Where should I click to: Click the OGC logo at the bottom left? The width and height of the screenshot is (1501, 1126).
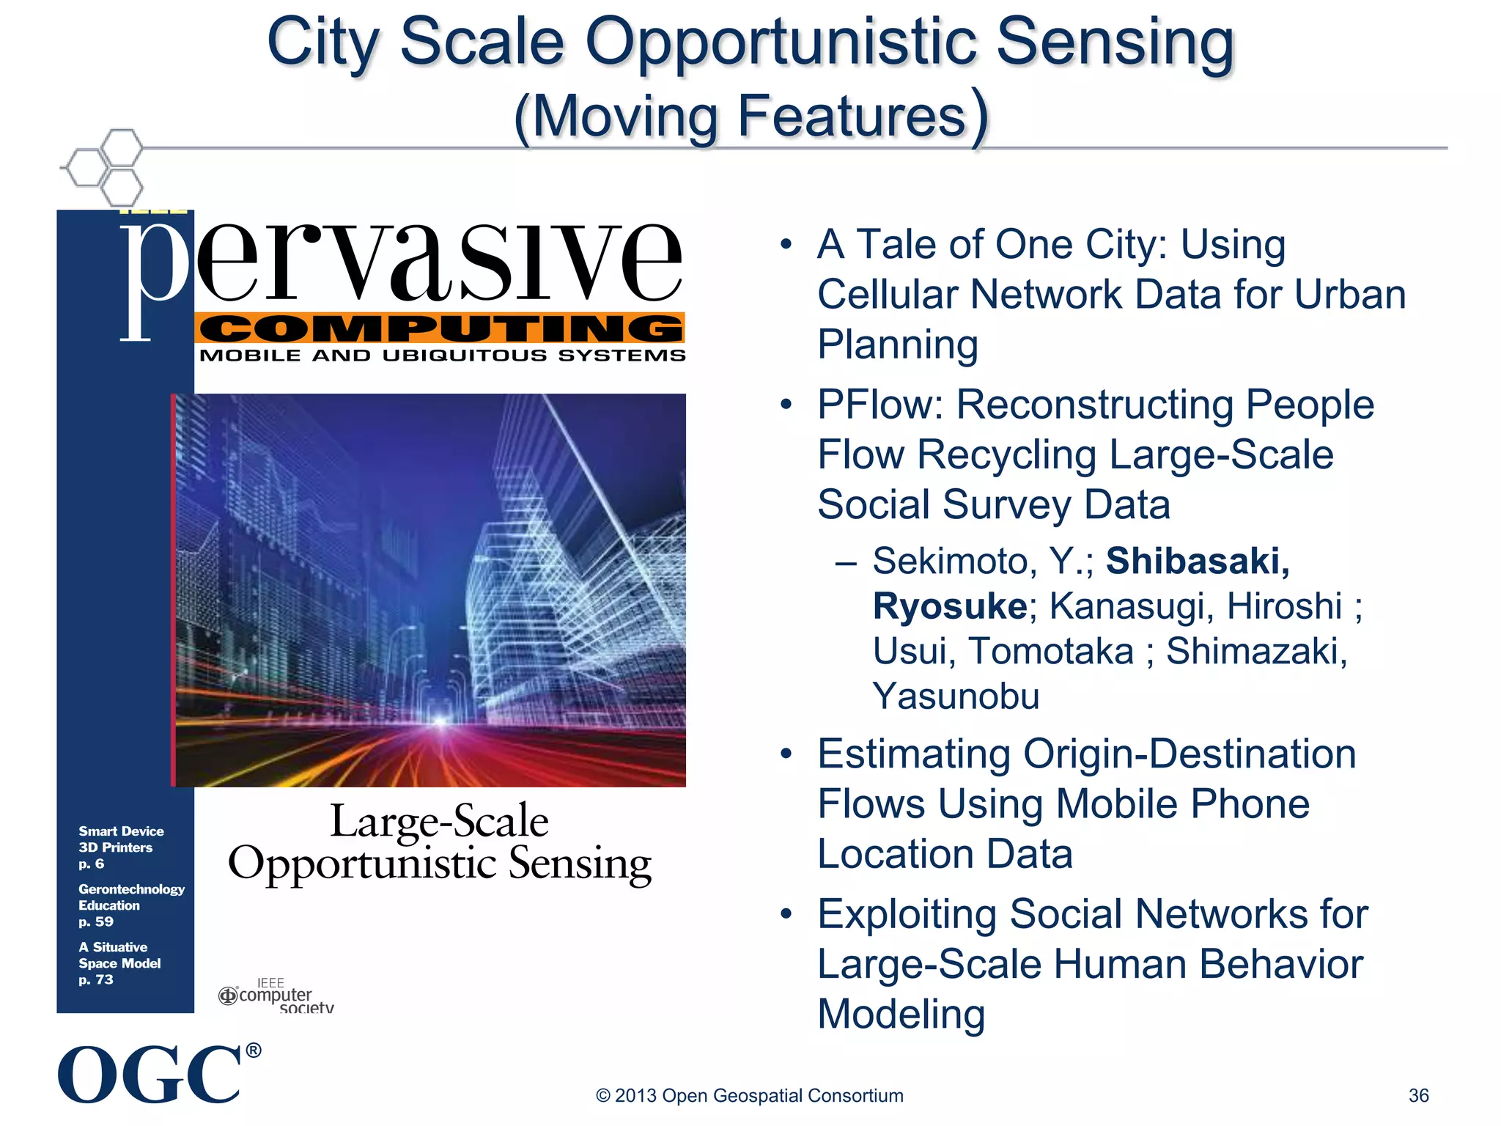[150, 1074]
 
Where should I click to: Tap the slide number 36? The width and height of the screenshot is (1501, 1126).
[1418, 1095]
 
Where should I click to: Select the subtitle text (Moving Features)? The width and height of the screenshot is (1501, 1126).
[751, 117]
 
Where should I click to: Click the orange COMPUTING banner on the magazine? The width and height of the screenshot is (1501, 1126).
[440, 328]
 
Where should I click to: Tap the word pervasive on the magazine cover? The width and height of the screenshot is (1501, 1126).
[403, 264]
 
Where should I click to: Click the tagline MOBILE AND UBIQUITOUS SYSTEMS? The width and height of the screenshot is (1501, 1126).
[443, 356]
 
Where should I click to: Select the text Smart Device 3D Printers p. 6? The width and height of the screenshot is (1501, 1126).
[120, 847]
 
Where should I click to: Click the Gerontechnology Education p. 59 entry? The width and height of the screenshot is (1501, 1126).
[130, 905]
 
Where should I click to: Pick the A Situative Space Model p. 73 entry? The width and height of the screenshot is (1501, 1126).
[119, 963]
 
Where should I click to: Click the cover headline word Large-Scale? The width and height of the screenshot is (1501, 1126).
[439, 820]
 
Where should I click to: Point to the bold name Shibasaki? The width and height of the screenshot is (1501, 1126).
[1197, 562]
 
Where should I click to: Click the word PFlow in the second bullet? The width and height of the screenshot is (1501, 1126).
[879, 405]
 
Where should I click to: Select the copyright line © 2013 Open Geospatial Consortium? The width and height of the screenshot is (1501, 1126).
[749, 1095]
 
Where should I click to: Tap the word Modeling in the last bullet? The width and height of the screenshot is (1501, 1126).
[901, 1015]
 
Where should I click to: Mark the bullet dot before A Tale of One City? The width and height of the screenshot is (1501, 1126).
[786, 245]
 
